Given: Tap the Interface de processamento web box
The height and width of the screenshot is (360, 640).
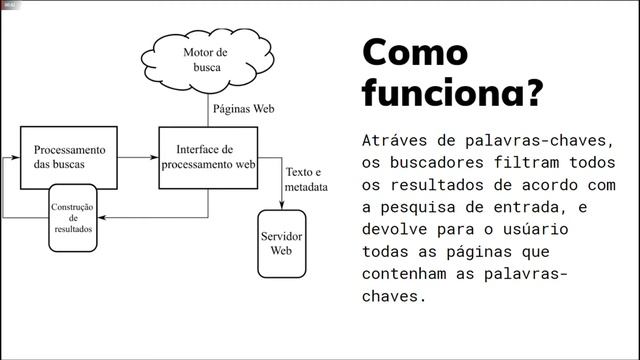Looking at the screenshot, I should click(x=209, y=157).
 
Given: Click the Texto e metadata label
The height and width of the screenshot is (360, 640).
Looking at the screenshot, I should click(x=306, y=179).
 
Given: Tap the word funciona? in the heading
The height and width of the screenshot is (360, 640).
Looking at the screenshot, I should click(x=452, y=93).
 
